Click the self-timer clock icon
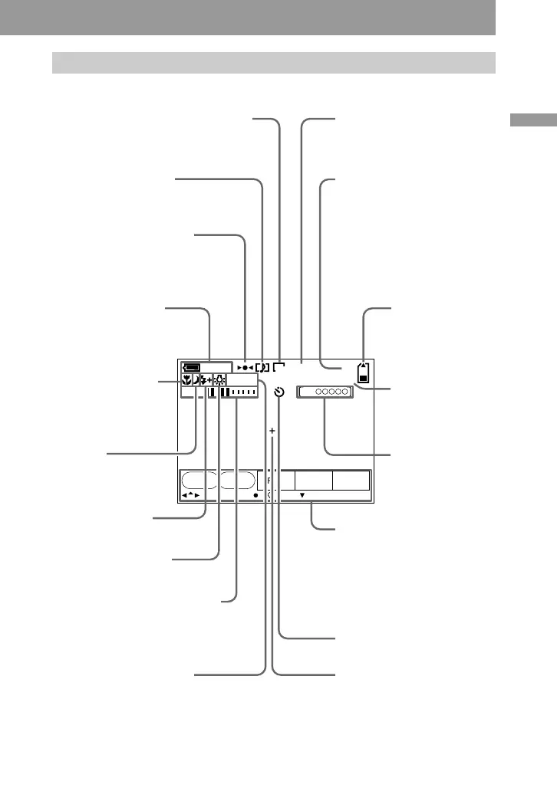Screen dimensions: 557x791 pos(279,392)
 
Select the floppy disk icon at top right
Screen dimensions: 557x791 pos(364,374)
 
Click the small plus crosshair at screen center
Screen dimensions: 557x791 pos(272,432)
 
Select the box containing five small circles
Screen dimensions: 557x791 pos(325,392)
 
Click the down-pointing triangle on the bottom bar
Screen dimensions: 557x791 pos(302,495)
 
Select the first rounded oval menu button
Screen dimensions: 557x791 pos(199,481)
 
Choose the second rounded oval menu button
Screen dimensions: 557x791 pos(236,481)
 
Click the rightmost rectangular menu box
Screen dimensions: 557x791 pos(351,481)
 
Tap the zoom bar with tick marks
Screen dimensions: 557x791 pos(239,392)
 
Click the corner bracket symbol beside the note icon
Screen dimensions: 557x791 pos(278,367)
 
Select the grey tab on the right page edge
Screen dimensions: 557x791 pos(535,121)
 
